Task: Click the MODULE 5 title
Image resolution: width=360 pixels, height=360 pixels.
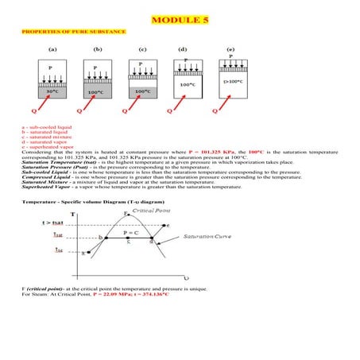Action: (x=180, y=18)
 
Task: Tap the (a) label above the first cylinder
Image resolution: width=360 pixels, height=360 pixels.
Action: (x=52, y=49)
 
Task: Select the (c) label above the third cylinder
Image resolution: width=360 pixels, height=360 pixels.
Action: (x=142, y=49)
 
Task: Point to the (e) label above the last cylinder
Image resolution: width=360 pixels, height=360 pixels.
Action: (x=230, y=49)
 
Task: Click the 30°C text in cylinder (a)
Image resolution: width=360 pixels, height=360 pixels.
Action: (x=52, y=91)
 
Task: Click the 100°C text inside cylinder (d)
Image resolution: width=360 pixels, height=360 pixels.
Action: (x=188, y=84)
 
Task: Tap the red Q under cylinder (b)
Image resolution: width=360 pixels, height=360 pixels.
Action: (x=79, y=111)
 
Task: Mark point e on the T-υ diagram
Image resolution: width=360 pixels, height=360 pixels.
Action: (x=167, y=226)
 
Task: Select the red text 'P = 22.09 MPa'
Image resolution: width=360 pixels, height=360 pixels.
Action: (x=119, y=294)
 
